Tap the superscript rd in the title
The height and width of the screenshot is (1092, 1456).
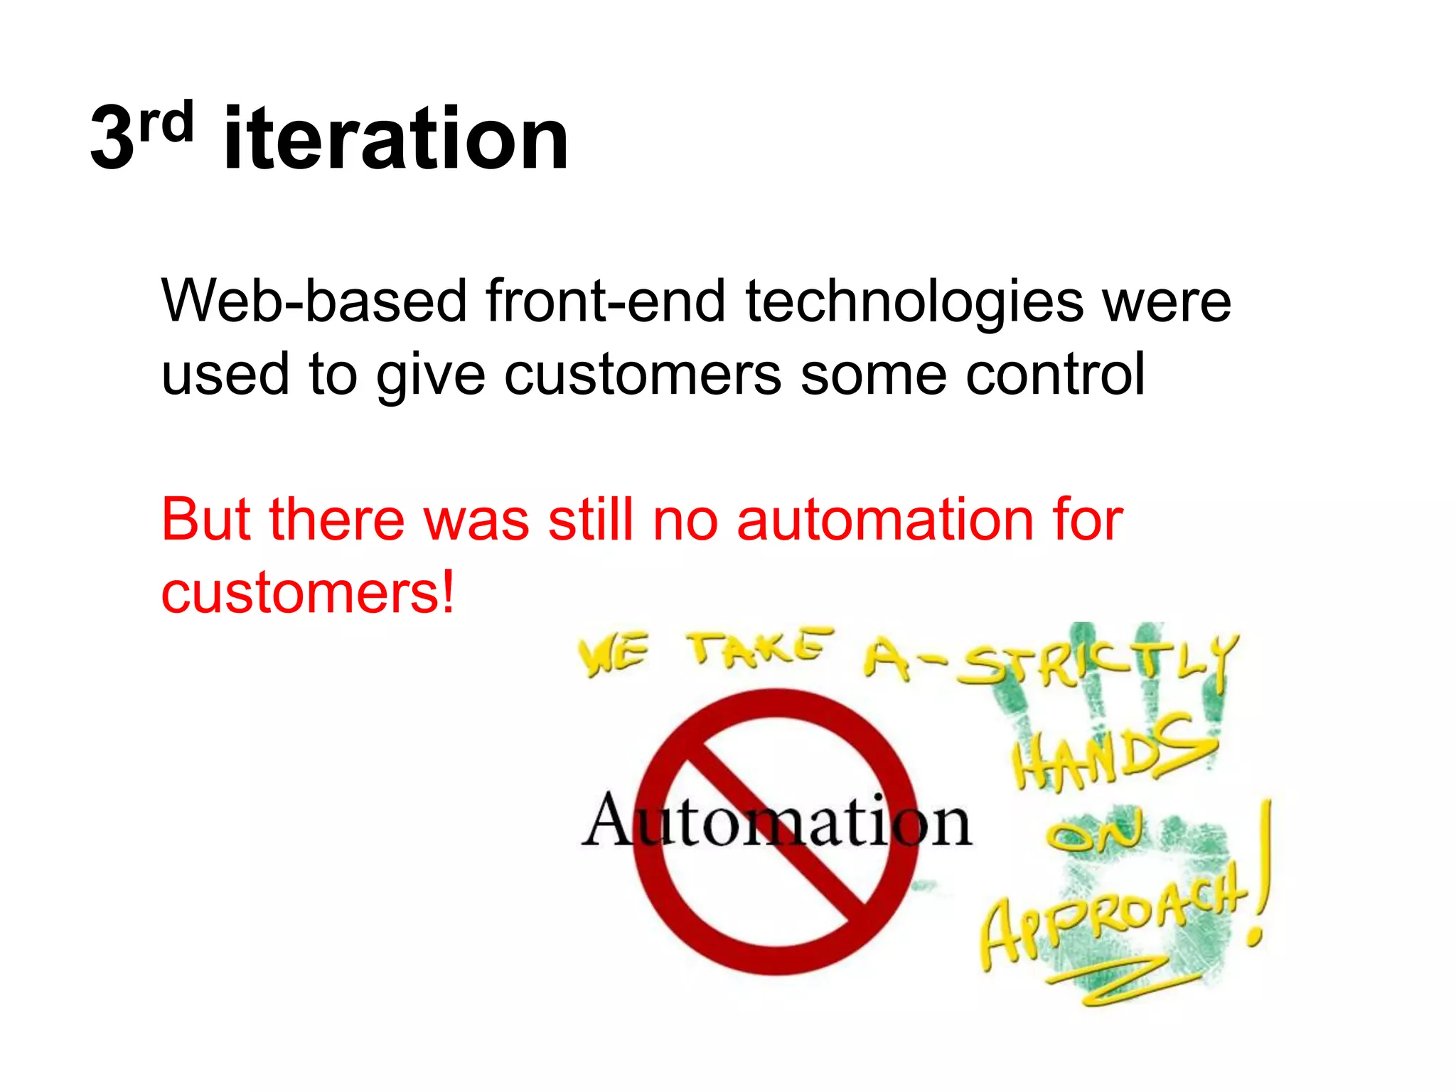pos(166,122)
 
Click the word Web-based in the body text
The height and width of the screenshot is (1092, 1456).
pos(314,301)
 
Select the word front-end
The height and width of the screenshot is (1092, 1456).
pos(606,301)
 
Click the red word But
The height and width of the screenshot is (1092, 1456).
pos(205,520)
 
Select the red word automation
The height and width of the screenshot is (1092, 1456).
pos(884,520)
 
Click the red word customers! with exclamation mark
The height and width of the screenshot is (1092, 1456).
pos(307,593)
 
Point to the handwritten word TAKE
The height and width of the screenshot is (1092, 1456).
pos(759,648)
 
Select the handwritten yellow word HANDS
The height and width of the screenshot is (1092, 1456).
pos(1113,752)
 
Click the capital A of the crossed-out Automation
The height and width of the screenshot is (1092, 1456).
pos(609,820)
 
